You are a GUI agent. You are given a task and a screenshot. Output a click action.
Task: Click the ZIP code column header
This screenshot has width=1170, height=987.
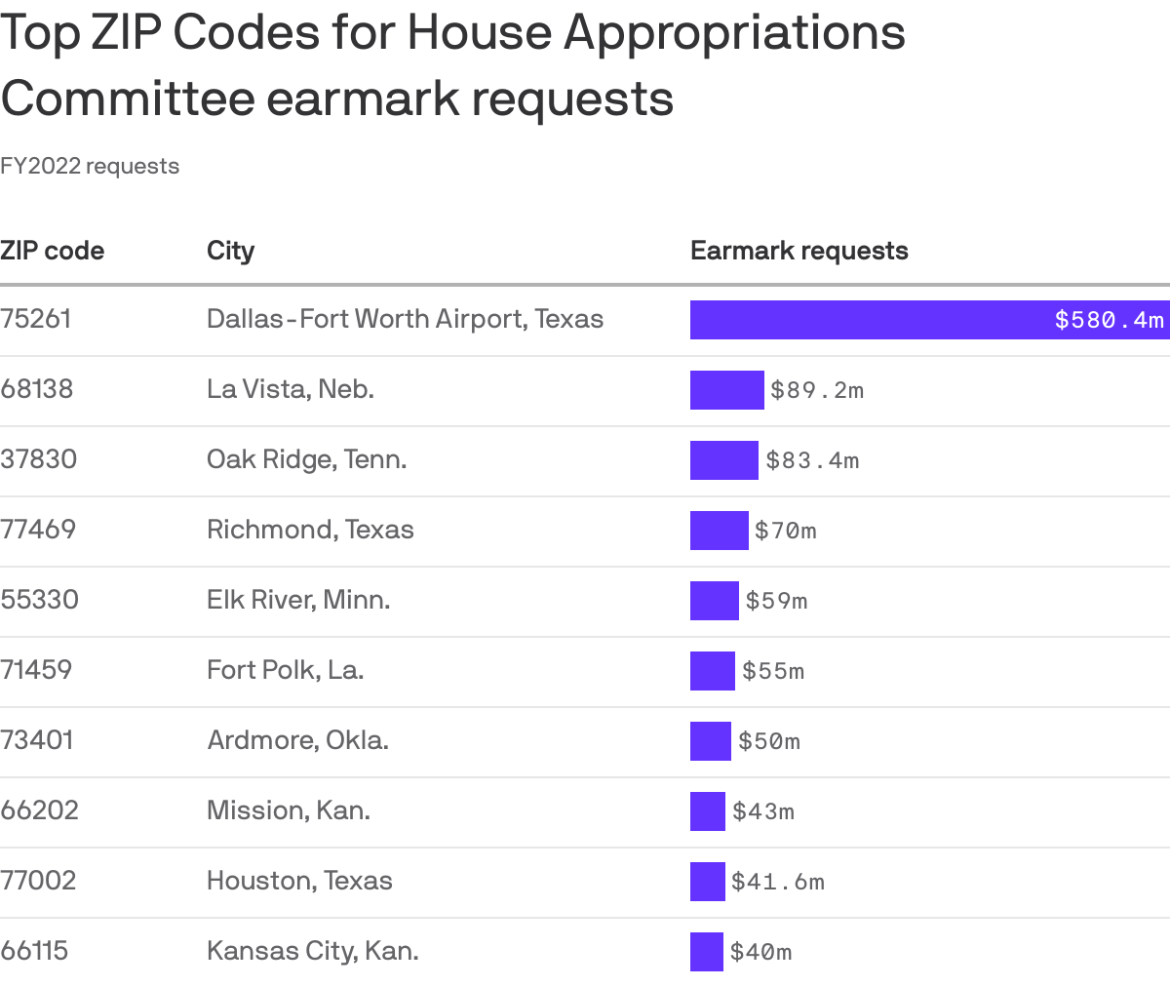pos(53,251)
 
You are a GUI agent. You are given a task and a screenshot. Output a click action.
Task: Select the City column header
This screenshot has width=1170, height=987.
pos(230,251)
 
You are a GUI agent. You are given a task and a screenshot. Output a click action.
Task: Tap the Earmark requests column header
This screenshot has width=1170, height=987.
pos(799,251)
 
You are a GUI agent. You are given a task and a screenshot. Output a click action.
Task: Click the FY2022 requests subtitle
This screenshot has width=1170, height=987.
pos(90,166)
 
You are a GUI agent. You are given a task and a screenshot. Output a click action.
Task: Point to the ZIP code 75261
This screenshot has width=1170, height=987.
pos(36,319)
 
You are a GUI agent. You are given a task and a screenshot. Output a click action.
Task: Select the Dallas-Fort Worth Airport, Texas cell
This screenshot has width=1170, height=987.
pos(405,319)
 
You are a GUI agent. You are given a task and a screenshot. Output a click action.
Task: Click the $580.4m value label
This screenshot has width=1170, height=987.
pos(1109,320)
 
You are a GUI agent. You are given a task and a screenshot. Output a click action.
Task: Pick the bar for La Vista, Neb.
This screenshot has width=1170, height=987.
pos(726,390)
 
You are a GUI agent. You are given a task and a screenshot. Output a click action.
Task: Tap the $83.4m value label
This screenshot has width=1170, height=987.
pos(812,460)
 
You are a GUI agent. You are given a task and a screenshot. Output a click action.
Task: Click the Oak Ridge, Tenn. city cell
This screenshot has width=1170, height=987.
pos(306,459)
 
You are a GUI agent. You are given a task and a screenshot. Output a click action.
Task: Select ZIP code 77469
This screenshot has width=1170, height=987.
pos(38,530)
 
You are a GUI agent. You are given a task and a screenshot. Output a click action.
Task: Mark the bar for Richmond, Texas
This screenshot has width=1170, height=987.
pos(719,531)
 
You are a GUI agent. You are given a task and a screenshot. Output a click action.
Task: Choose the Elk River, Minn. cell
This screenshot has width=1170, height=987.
pos(298,600)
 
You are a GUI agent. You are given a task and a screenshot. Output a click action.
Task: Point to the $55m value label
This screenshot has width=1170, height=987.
pos(773,671)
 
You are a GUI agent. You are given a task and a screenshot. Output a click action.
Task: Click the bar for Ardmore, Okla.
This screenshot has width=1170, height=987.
pos(710,741)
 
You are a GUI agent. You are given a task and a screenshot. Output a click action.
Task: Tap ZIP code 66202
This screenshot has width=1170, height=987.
pos(39,810)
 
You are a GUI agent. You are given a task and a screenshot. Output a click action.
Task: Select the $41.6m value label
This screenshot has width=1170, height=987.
pos(778,882)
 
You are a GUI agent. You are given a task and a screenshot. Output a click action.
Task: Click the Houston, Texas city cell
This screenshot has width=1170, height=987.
pos(299,881)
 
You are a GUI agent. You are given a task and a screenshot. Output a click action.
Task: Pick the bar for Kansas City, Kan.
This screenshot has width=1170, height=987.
pos(706,952)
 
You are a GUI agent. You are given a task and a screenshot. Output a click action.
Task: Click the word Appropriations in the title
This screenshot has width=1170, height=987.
pos(734,33)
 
